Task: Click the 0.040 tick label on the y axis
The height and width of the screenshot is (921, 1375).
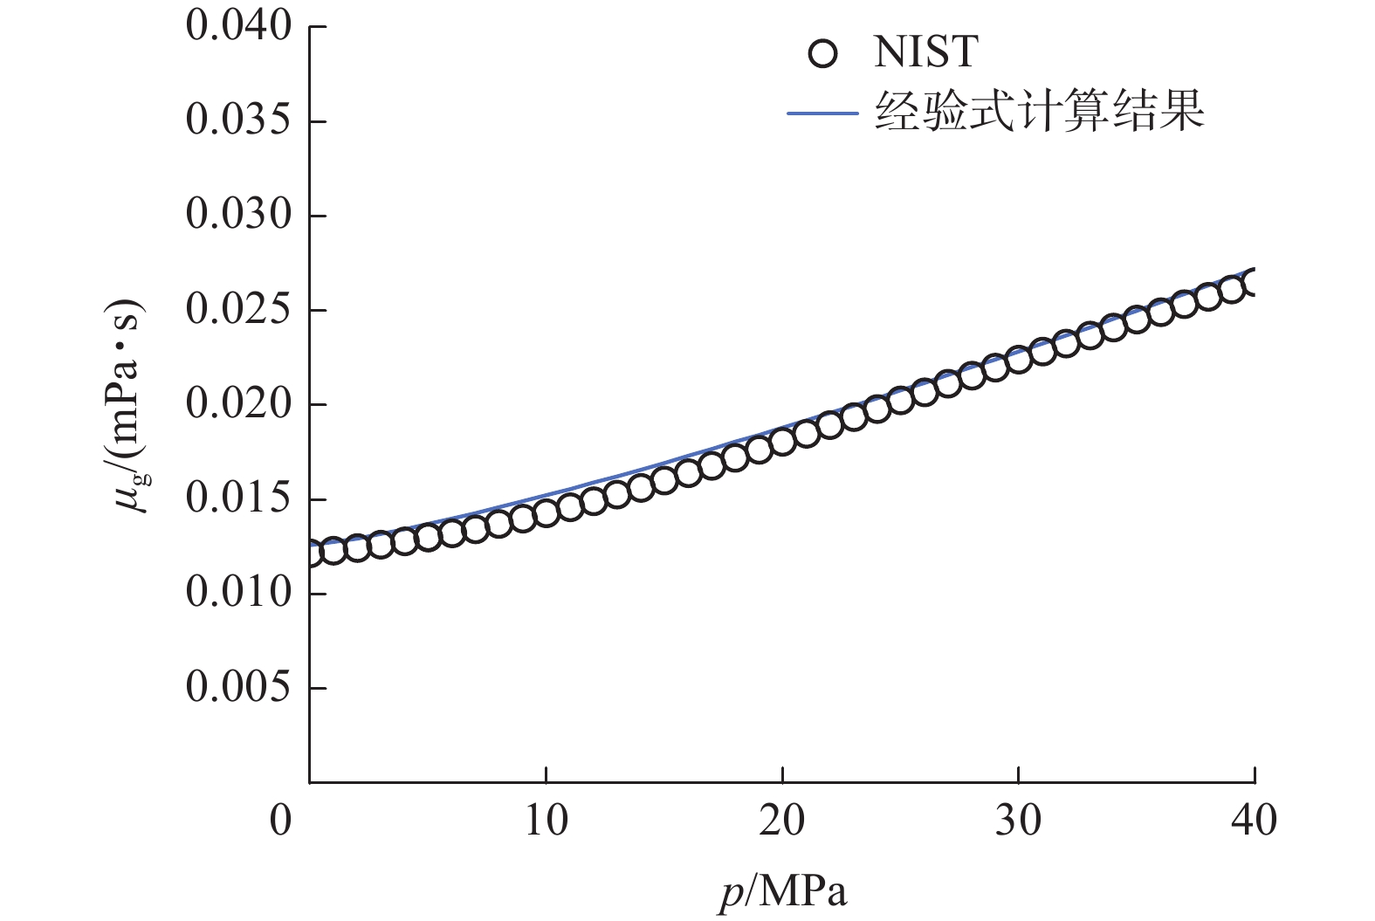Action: click(238, 27)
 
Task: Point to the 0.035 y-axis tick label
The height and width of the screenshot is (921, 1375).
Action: click(238, 121)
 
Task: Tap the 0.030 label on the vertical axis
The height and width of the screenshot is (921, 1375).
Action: click(238, 216)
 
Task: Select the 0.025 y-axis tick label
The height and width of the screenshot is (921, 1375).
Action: click(238, 310)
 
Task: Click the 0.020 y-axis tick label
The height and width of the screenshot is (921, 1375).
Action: click(238, 404)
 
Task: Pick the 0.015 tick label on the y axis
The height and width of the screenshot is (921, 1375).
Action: click(238, 499)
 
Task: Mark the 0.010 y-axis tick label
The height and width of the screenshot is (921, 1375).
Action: click(238, 594)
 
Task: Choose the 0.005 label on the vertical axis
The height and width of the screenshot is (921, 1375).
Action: click(238, 688)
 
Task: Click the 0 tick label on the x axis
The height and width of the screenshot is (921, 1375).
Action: click(281, 821)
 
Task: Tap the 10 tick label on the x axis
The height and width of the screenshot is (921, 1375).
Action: click(546, 821)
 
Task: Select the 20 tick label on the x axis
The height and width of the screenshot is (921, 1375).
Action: click(782, 821)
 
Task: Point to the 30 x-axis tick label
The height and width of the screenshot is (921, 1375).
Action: click(1018, 821)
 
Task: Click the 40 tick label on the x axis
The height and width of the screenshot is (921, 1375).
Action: click(1255, 821)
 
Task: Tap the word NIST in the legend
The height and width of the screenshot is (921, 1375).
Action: click(925, 53)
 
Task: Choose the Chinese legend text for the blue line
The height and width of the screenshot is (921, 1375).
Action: click(1039, 113)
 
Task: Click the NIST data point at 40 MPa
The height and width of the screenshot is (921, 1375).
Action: click(1254, 283)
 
